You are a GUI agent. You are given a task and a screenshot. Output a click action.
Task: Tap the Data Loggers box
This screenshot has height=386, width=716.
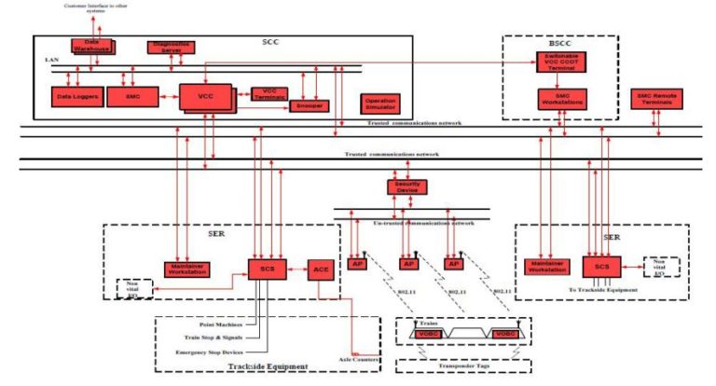75,96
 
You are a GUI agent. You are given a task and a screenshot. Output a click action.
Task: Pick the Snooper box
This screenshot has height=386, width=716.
308,106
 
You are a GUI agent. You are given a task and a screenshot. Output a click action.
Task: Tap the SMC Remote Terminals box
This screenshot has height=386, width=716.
658,98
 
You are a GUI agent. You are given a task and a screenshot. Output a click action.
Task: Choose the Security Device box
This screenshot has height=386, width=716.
406,186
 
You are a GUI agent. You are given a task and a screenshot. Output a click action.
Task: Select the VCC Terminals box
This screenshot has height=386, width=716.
269,93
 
